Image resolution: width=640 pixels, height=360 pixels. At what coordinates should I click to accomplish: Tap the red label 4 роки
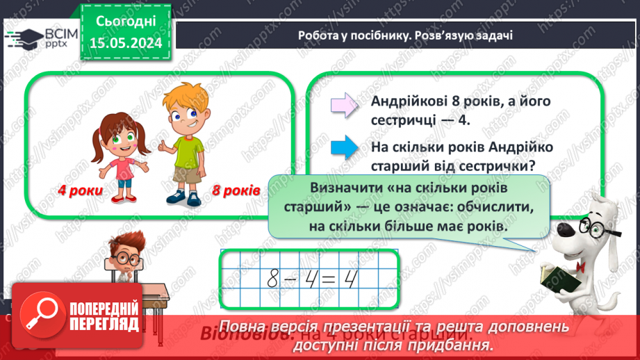pos(80,190)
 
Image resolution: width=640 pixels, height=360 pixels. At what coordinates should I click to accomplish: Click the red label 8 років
pos(236,190)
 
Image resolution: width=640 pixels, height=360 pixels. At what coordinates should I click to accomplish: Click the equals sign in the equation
pos(331,279)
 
